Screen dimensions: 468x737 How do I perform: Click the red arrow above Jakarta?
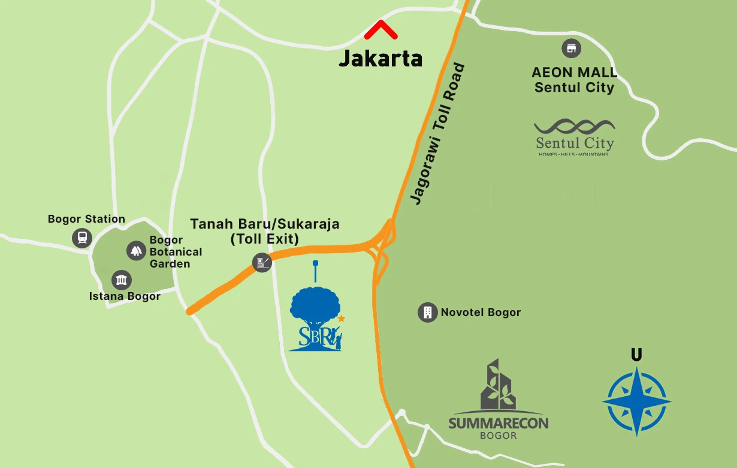click(x=382, y=29)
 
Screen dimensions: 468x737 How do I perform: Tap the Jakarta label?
click(x=380, y=59)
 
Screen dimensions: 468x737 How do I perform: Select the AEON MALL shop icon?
click(x=571, y=48)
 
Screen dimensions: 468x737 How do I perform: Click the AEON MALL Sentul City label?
click(x=574, y=80)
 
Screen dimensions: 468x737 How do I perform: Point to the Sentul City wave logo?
click(x=574, y=127)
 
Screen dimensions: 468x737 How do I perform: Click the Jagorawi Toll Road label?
click(x=439, y=135)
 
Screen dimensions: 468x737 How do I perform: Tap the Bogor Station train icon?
click(x=81, y=238)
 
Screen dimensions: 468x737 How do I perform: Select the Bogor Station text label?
click(x=86, y=219)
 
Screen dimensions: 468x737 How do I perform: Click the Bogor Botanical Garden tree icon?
click(x=136, y=251)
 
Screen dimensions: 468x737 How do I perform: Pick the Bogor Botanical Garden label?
click(x=175, y=252)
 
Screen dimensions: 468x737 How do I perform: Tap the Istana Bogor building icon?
click(x=122, y=279)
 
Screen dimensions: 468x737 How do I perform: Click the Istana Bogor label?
click(x=125, y=296)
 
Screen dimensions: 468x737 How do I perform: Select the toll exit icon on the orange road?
click(x=262, y=262)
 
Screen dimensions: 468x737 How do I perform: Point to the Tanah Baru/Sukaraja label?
click(x=264, y=231)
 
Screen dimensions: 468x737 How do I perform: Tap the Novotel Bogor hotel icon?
click(x=427, y=312)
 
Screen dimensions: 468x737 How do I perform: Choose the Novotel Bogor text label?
click(x=481, y=312)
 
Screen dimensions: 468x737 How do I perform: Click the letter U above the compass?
click(x=636, y=355)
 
